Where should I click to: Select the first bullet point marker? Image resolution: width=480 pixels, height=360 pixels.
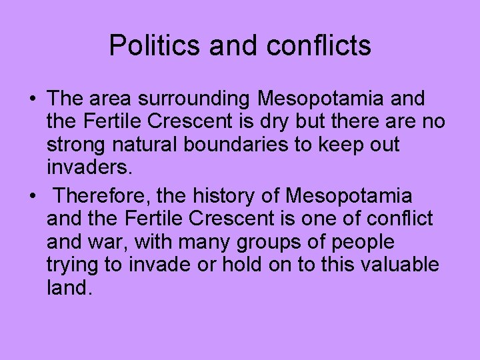[x=32, y=100]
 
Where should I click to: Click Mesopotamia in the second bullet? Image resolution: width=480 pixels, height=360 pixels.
[x=349, y=196]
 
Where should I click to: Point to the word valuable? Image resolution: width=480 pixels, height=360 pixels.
[x=399, y=264]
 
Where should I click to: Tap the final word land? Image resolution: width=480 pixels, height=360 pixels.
[x=67, y=287]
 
